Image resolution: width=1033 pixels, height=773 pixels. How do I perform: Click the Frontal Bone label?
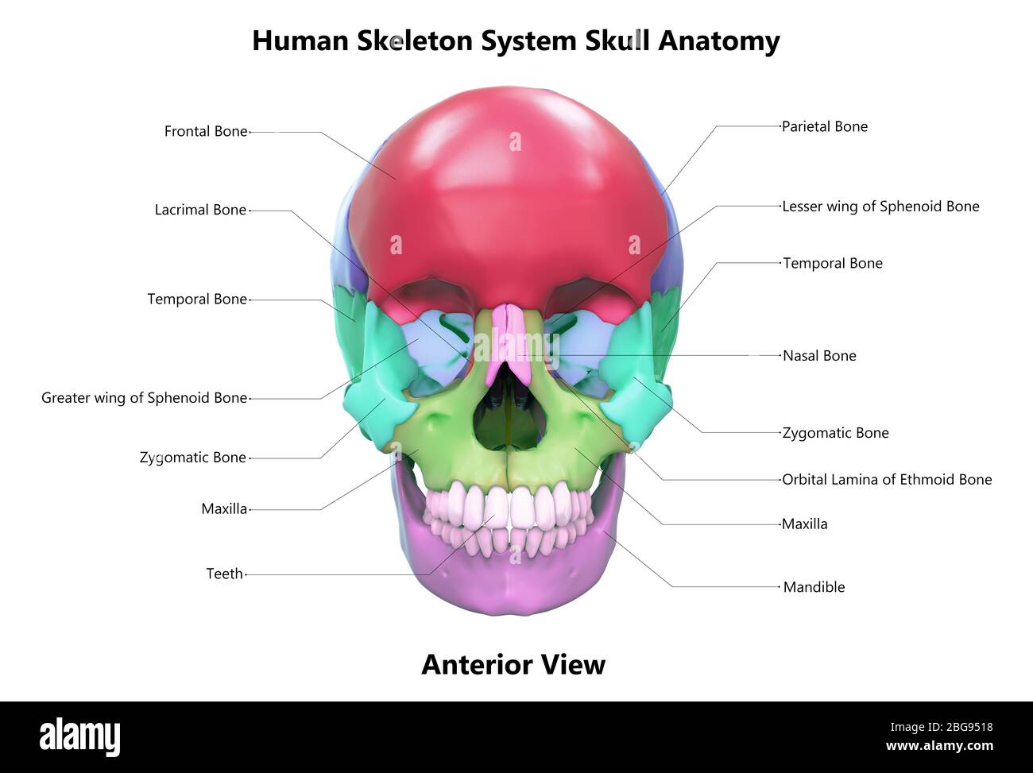coord(206,131)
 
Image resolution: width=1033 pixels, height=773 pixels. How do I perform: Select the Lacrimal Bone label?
coord(200,210)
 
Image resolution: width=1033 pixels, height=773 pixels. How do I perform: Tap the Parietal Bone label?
coord(825,126)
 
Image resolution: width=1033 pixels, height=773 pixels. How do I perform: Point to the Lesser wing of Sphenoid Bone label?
coord(880,207)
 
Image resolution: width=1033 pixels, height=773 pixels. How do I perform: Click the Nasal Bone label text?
coord(819,356)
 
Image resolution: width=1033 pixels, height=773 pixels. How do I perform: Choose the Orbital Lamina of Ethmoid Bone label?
coord(887,479)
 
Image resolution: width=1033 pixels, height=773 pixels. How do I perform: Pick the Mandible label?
coord(814,587)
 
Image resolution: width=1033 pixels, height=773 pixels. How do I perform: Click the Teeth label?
coord(225,574)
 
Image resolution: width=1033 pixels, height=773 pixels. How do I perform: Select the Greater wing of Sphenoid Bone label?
coord(144,398)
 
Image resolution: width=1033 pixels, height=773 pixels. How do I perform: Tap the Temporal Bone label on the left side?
coord(197,300)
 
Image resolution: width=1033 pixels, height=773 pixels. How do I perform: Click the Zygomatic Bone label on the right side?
coord(835,433)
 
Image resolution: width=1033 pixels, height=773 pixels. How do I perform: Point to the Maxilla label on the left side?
coord(224,509)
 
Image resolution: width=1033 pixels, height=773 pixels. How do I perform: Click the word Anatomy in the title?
coord(718,41)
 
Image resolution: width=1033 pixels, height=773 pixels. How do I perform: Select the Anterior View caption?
coord(513,665)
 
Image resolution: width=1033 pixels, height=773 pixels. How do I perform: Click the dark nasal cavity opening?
coord(511,408)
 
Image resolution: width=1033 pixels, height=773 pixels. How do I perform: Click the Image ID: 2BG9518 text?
coord(942,728)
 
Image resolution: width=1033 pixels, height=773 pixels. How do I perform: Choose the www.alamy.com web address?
coord(939,746)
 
